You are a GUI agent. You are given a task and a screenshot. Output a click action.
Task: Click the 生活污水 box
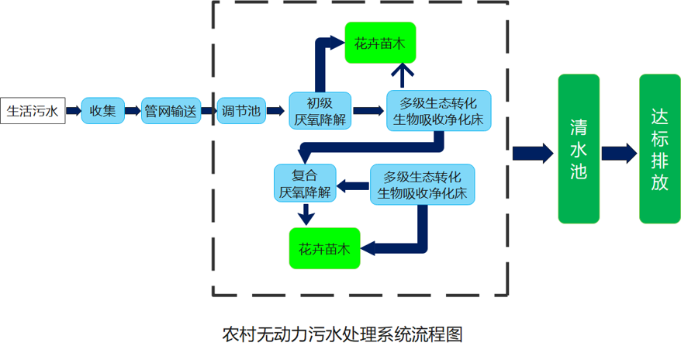coord(33,111)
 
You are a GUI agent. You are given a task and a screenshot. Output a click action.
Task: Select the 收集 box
coord(102,111)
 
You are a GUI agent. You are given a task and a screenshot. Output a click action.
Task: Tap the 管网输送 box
coord(171,111)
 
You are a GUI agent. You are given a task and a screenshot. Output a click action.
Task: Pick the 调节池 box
coord(239,111)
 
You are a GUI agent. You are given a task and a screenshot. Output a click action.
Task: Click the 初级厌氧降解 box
coord(320,111)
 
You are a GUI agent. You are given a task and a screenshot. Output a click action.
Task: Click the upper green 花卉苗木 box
coord(380,44)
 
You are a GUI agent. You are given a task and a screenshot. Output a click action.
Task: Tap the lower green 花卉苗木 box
coord(324,248)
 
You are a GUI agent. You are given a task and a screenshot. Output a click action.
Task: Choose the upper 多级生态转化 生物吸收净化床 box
coord(438,111)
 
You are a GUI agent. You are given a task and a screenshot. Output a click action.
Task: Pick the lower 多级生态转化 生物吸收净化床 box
coord(423,184)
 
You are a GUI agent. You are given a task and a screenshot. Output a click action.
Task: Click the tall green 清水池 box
coord(579,149)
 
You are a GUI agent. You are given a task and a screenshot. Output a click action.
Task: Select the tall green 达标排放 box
coord(659,149)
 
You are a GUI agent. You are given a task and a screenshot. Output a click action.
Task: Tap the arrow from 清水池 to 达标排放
coord(619,152)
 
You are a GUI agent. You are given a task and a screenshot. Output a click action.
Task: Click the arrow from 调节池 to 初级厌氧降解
coord(275,111)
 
